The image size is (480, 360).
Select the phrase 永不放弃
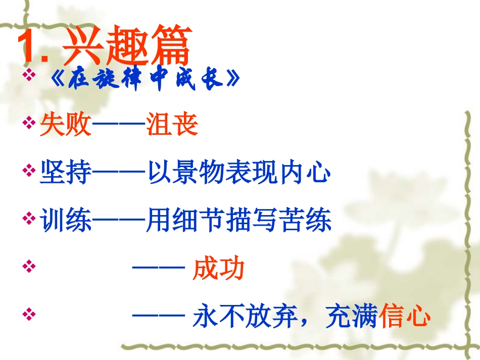click(x=245, y=317)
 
